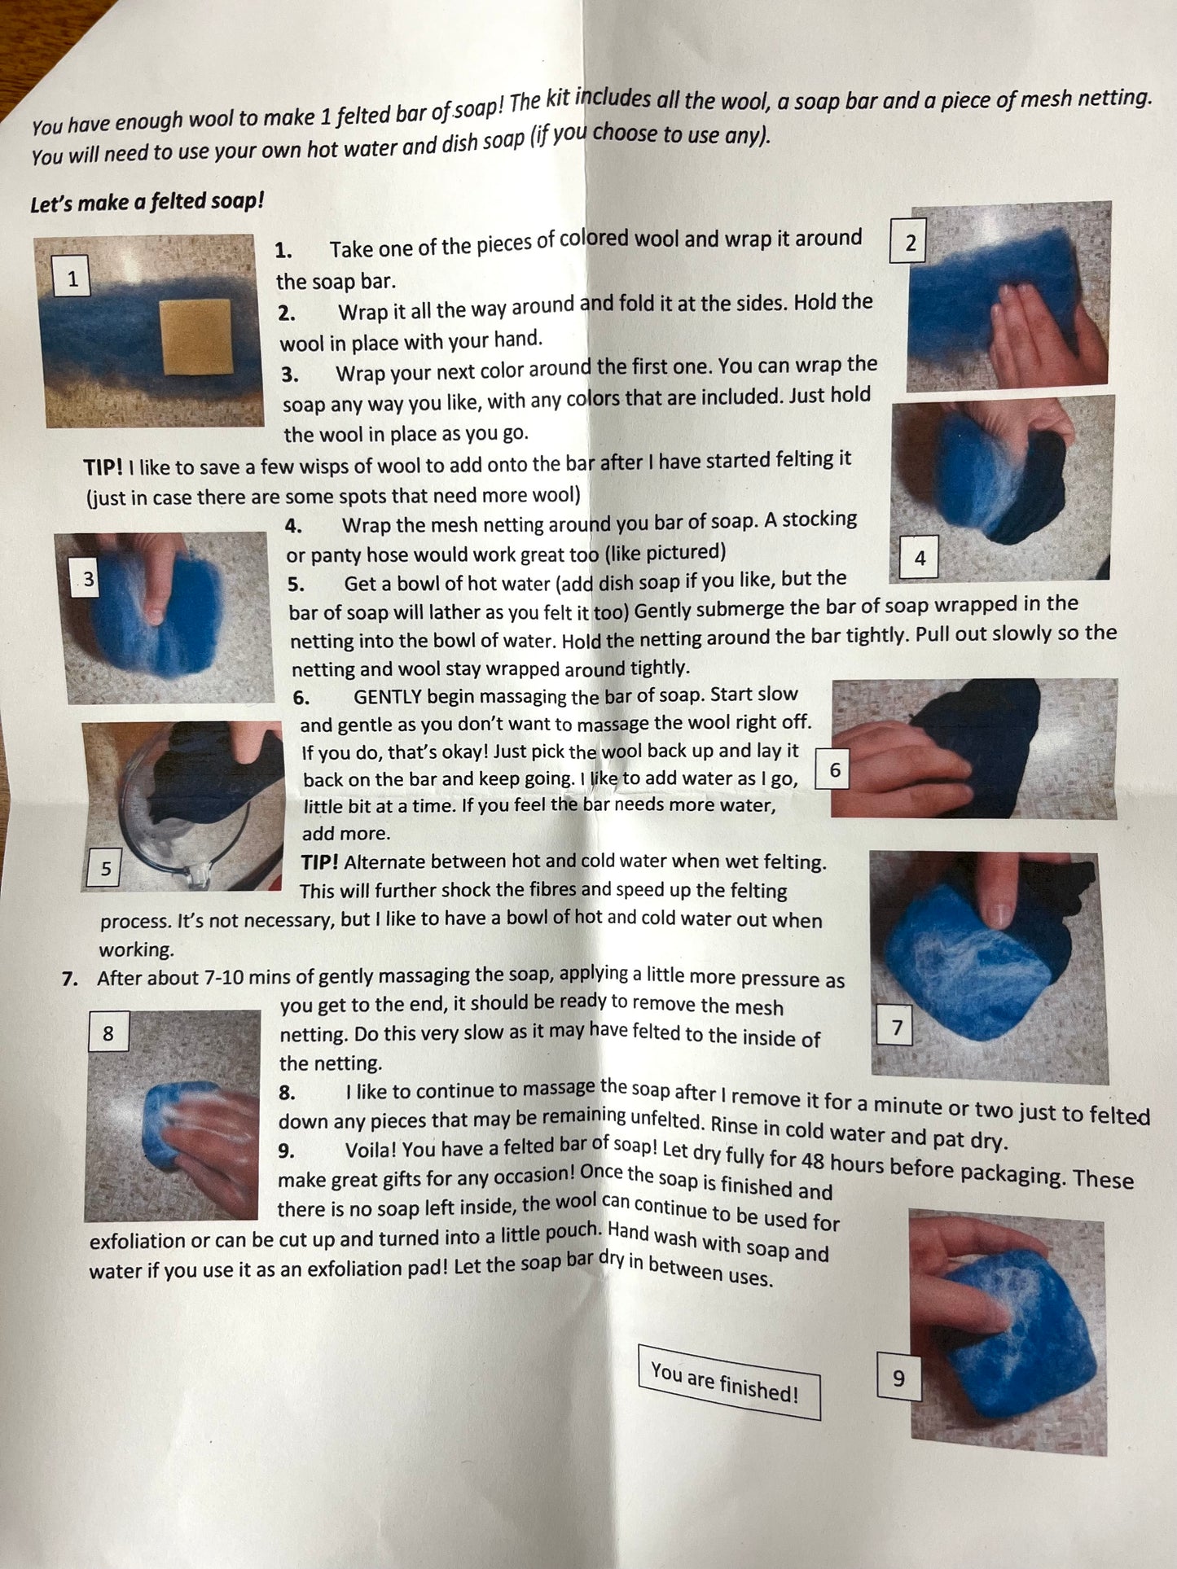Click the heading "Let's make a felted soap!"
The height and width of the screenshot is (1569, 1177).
(x=147, y=201)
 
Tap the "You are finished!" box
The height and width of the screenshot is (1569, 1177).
(x=728, y=1383)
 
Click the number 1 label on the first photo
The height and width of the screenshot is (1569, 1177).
(x=72, y=279)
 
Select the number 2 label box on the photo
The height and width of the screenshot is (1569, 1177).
(x=910, y=243)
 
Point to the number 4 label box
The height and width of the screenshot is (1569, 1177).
(x=920, y=558)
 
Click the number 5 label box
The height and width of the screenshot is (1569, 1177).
(x=106, y=868)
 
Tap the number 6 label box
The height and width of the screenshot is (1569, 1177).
(x=834, y=769)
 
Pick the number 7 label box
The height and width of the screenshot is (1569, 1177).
(x=897, y=1027)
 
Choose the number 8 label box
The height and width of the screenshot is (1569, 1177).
(x=108, y=1033)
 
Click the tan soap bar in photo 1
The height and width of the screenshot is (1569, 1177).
(x=196, y=336)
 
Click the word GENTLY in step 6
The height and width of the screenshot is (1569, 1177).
(x=388, y=697)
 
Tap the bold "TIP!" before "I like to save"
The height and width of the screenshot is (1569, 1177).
(x=103, y=467)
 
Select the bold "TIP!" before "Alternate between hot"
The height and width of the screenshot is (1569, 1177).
(x=319, y=862)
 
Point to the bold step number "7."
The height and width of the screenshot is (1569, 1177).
(x=70, y=978)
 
